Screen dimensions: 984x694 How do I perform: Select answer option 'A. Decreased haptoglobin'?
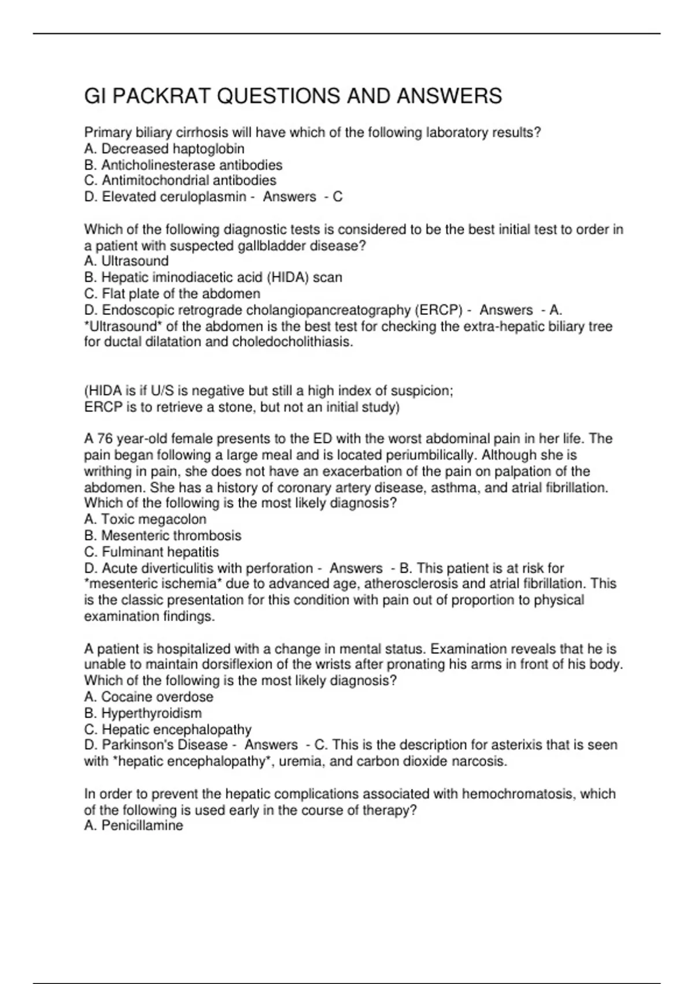click(x=164, y=149)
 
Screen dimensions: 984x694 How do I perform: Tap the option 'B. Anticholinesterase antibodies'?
click(x=183, y=165)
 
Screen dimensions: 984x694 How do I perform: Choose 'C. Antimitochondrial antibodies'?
click(x=180, y=181)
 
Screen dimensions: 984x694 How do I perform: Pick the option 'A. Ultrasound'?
click(x=126, y=261)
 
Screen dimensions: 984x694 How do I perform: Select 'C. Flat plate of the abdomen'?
click(x=172, y=293)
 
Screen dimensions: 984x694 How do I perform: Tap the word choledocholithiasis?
click(x=292, y=342)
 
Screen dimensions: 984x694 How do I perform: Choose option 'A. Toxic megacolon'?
click(x=145, y=519)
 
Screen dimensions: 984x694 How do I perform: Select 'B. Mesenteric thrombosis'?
click(x=163, y=535)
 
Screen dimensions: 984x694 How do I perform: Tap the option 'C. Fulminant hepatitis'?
click(x=152, y=552)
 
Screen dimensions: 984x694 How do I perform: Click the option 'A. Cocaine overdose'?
click(x=149, y=697)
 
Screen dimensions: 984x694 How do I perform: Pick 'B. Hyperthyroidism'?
click(x=143, y=713)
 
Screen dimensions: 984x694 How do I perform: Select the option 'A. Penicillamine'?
click(x=134, y=826)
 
